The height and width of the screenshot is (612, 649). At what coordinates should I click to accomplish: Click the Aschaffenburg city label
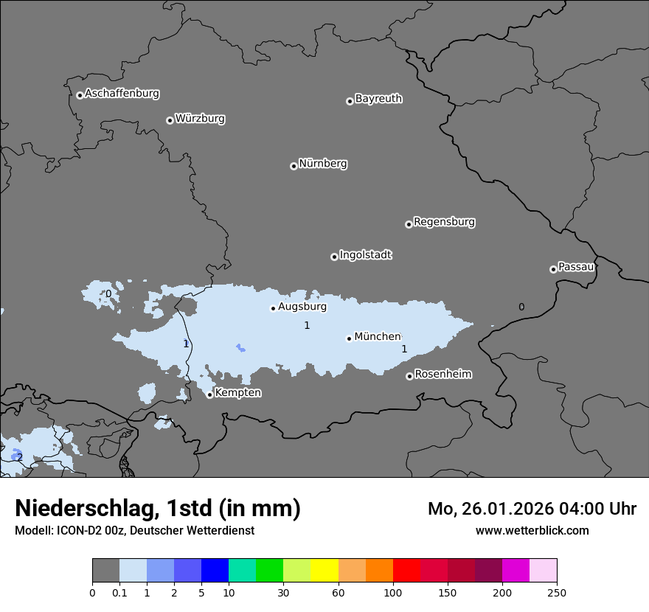(x=122, y=94)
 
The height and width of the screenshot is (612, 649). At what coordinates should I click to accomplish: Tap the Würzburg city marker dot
(x=170, y=120)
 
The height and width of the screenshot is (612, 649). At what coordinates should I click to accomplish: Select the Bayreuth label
(x=378, y=99)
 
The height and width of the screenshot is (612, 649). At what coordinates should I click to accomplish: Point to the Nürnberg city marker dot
(x=294, y=166)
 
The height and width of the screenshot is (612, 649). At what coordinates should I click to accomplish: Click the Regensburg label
(x=444, y=222)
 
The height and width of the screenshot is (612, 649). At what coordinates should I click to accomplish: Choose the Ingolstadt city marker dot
(x=334, y=257)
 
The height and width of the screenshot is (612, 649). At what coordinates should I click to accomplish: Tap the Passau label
(x=576, y=267)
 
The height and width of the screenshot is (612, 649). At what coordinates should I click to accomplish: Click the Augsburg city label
(x=302, y=307)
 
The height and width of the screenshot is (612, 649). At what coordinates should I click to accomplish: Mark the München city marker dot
(x=349, y=338)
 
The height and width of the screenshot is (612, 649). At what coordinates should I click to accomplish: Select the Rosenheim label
(x=442, y=375)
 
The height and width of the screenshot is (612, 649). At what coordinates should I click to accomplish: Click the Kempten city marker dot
(x=210, y=394)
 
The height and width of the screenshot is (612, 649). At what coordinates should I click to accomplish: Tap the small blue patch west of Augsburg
(x=240, y=347)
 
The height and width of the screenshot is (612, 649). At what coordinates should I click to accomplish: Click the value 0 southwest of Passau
(x=521, y=307)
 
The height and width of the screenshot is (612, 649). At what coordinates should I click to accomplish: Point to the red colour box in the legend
(x=406, y=571)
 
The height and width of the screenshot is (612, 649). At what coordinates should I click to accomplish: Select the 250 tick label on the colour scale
(x=557, y=592)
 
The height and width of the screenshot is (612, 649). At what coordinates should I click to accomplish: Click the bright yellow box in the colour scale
(x=324, y=571)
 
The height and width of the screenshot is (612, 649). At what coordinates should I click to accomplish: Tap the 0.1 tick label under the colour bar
(x=119, y=592)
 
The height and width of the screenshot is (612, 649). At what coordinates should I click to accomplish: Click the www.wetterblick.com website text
(x=532, y=530)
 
